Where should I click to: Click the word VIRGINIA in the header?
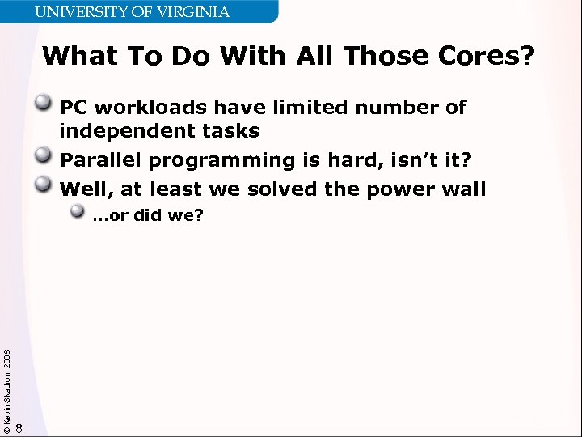point(193,12)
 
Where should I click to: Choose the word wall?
point(460,189)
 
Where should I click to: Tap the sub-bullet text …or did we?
point(147,216)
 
